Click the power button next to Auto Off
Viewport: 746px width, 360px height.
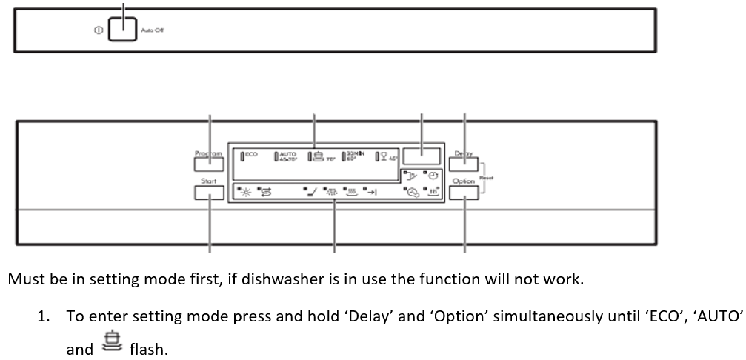tap(122, 30)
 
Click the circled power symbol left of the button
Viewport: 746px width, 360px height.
tap(97, 31)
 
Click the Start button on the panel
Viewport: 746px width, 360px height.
tap(209, 193)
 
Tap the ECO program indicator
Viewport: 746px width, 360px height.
tap(249, 155)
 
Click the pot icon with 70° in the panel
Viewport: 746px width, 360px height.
tap(319, 156)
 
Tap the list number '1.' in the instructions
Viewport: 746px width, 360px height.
tap(44, 316)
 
